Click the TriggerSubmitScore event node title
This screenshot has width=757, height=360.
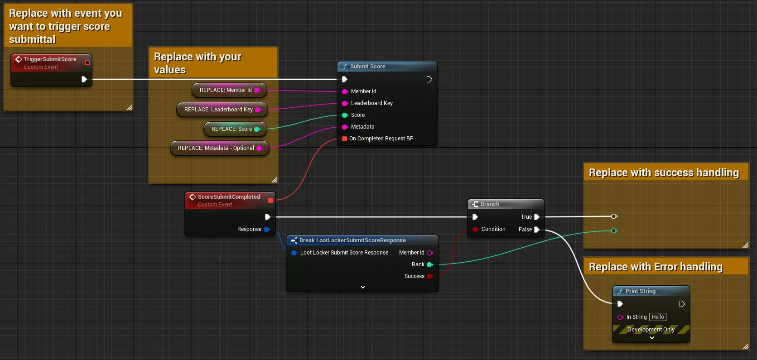(50, 59)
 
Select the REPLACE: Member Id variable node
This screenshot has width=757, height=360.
(229, 90)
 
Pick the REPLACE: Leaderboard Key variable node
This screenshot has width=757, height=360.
(222, 110)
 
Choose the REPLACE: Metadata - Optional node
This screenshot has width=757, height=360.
(220, 148)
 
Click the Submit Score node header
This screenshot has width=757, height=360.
(387, 67)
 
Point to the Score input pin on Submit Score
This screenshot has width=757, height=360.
(345, 115)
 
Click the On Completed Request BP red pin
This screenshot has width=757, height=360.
(344, 139)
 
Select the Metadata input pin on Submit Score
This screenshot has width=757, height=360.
(345, 127)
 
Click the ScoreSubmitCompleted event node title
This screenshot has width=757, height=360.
(229, 197)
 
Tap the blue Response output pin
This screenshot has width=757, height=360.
(267, 229)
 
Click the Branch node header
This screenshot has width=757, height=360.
(506, 204)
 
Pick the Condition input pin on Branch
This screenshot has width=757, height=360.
(475, 229)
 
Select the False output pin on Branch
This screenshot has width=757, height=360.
(537, 230)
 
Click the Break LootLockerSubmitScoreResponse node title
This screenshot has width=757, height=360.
(352, 240)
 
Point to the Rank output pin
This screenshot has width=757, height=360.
(430, 264)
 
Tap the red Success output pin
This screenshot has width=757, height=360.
(429, 276)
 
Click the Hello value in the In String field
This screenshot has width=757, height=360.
(658, 317)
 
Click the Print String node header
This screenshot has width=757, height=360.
(651, 291)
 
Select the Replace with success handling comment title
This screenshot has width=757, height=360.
(664, 173)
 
